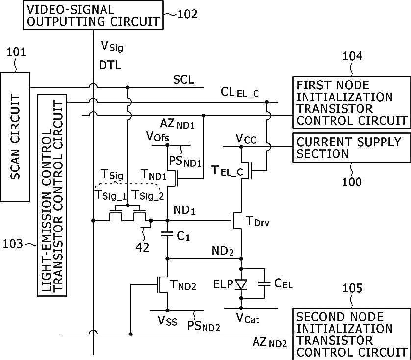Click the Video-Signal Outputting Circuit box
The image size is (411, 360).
[x=93, y=15]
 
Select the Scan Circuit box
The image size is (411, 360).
[x=15, y=137]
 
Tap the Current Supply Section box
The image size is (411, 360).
[x=352, y=148]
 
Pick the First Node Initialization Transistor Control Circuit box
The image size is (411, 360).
[x=352, y=102]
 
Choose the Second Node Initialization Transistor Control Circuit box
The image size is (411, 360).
[x=352, y=334]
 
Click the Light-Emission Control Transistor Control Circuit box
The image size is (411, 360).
[x=52, y=195]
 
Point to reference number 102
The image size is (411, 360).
[x=187, y=14]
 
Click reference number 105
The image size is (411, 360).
[x=352, y=288]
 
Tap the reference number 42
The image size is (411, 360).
[x=142, y=247]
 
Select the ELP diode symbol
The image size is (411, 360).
[x=241, y=284]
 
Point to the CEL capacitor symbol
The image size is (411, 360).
[x=264, y=283]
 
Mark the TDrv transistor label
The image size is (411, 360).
[x=257, y=222]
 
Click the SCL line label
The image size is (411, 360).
[x=184, y=80]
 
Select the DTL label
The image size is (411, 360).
[x=110, y=65]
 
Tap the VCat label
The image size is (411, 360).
[x=248, y=318]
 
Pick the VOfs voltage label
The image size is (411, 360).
[x=157, y=136]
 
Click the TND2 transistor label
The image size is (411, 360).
[x=183, y=285]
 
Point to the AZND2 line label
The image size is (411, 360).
[x=270, y=342]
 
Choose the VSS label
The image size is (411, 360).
[x=167, y=320]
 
